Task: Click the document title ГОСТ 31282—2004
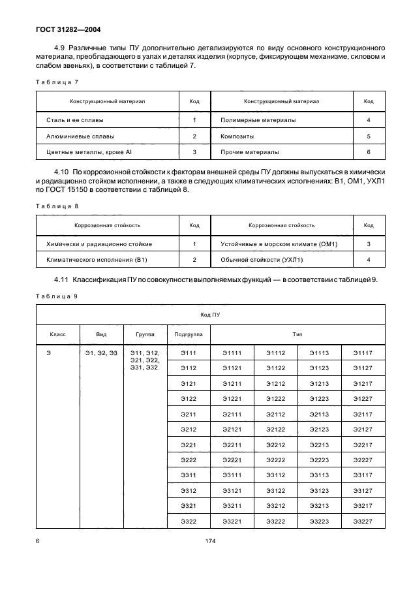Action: click(68, 29)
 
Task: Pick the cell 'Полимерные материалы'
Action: click(258, 120)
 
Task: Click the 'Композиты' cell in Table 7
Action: click(237, 136)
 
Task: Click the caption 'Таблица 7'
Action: click(56, 83)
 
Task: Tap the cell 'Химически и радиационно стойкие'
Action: click(99, 243)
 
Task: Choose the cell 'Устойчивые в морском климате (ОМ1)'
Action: click(279, 243)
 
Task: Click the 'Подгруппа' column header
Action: click(189, 334)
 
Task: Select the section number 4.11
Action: click(63, 279)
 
